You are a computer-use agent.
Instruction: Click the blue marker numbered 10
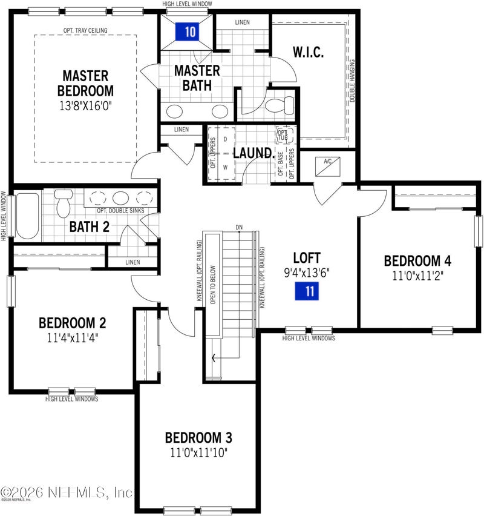[190, 32]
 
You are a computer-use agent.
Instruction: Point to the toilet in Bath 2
[64, 205]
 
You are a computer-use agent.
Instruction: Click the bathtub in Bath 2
[28, 216]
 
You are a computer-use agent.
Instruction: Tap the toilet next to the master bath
[280, 107]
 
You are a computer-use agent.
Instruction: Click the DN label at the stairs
[240, 227]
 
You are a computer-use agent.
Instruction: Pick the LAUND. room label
[252, 153]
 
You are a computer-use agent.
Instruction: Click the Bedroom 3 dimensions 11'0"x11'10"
[199, 452]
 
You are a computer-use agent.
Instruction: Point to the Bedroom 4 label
[417, 261]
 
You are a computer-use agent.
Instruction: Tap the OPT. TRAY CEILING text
[85, 30]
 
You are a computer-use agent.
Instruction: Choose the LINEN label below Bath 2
[132, 262]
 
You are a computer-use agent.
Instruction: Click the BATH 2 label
[89, 228]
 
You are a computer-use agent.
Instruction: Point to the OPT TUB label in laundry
[283, 134]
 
